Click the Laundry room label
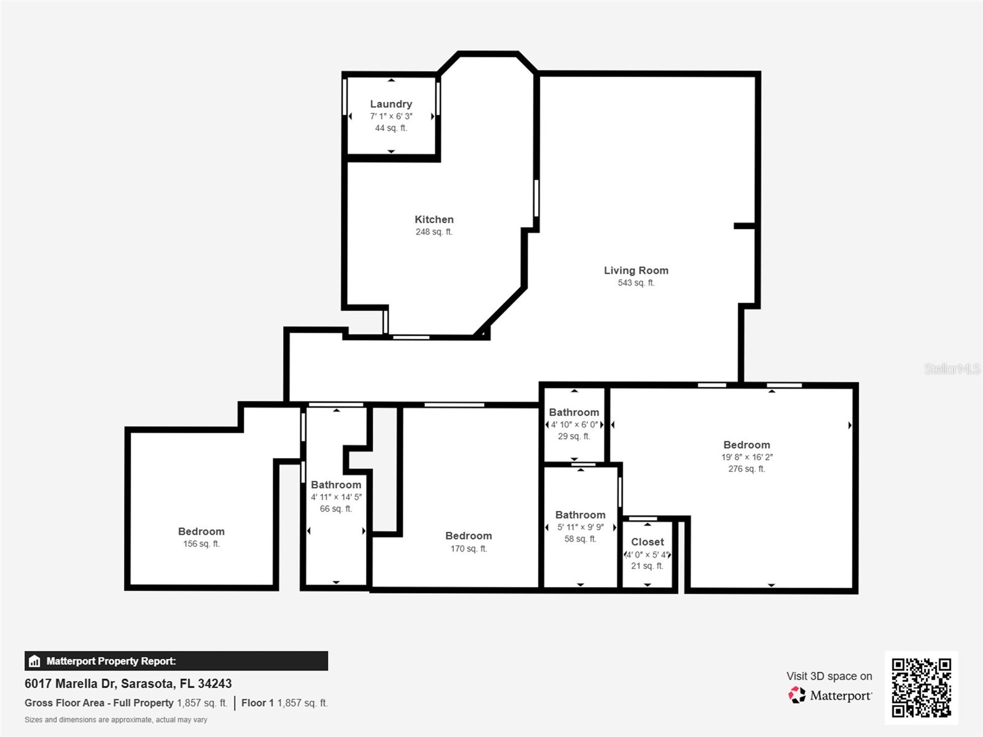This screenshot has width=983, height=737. (391, 104)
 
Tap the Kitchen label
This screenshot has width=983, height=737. (434, 219)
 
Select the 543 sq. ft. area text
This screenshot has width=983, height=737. (636, 283)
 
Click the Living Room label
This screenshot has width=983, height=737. (636, 270)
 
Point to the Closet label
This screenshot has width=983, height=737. (647, 542)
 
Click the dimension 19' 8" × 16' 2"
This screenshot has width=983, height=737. (746, 457)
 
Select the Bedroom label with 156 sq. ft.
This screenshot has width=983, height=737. (201, 531)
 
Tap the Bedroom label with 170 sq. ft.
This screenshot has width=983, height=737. (468, 536)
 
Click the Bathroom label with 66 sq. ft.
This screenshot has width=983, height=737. (335, 485)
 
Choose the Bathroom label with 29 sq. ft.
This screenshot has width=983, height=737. (574, 412)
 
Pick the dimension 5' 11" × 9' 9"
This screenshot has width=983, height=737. (580, 527)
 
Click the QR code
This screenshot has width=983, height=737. (921, 687)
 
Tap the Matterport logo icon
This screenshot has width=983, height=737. (797, 695)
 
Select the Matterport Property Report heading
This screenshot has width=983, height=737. (111, 661)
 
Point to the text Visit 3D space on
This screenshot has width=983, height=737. (829, 676)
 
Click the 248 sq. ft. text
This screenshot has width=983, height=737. (434, 232)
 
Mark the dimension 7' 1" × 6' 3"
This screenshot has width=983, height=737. (391, 116)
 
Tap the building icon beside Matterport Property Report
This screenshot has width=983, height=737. (34, 661)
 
